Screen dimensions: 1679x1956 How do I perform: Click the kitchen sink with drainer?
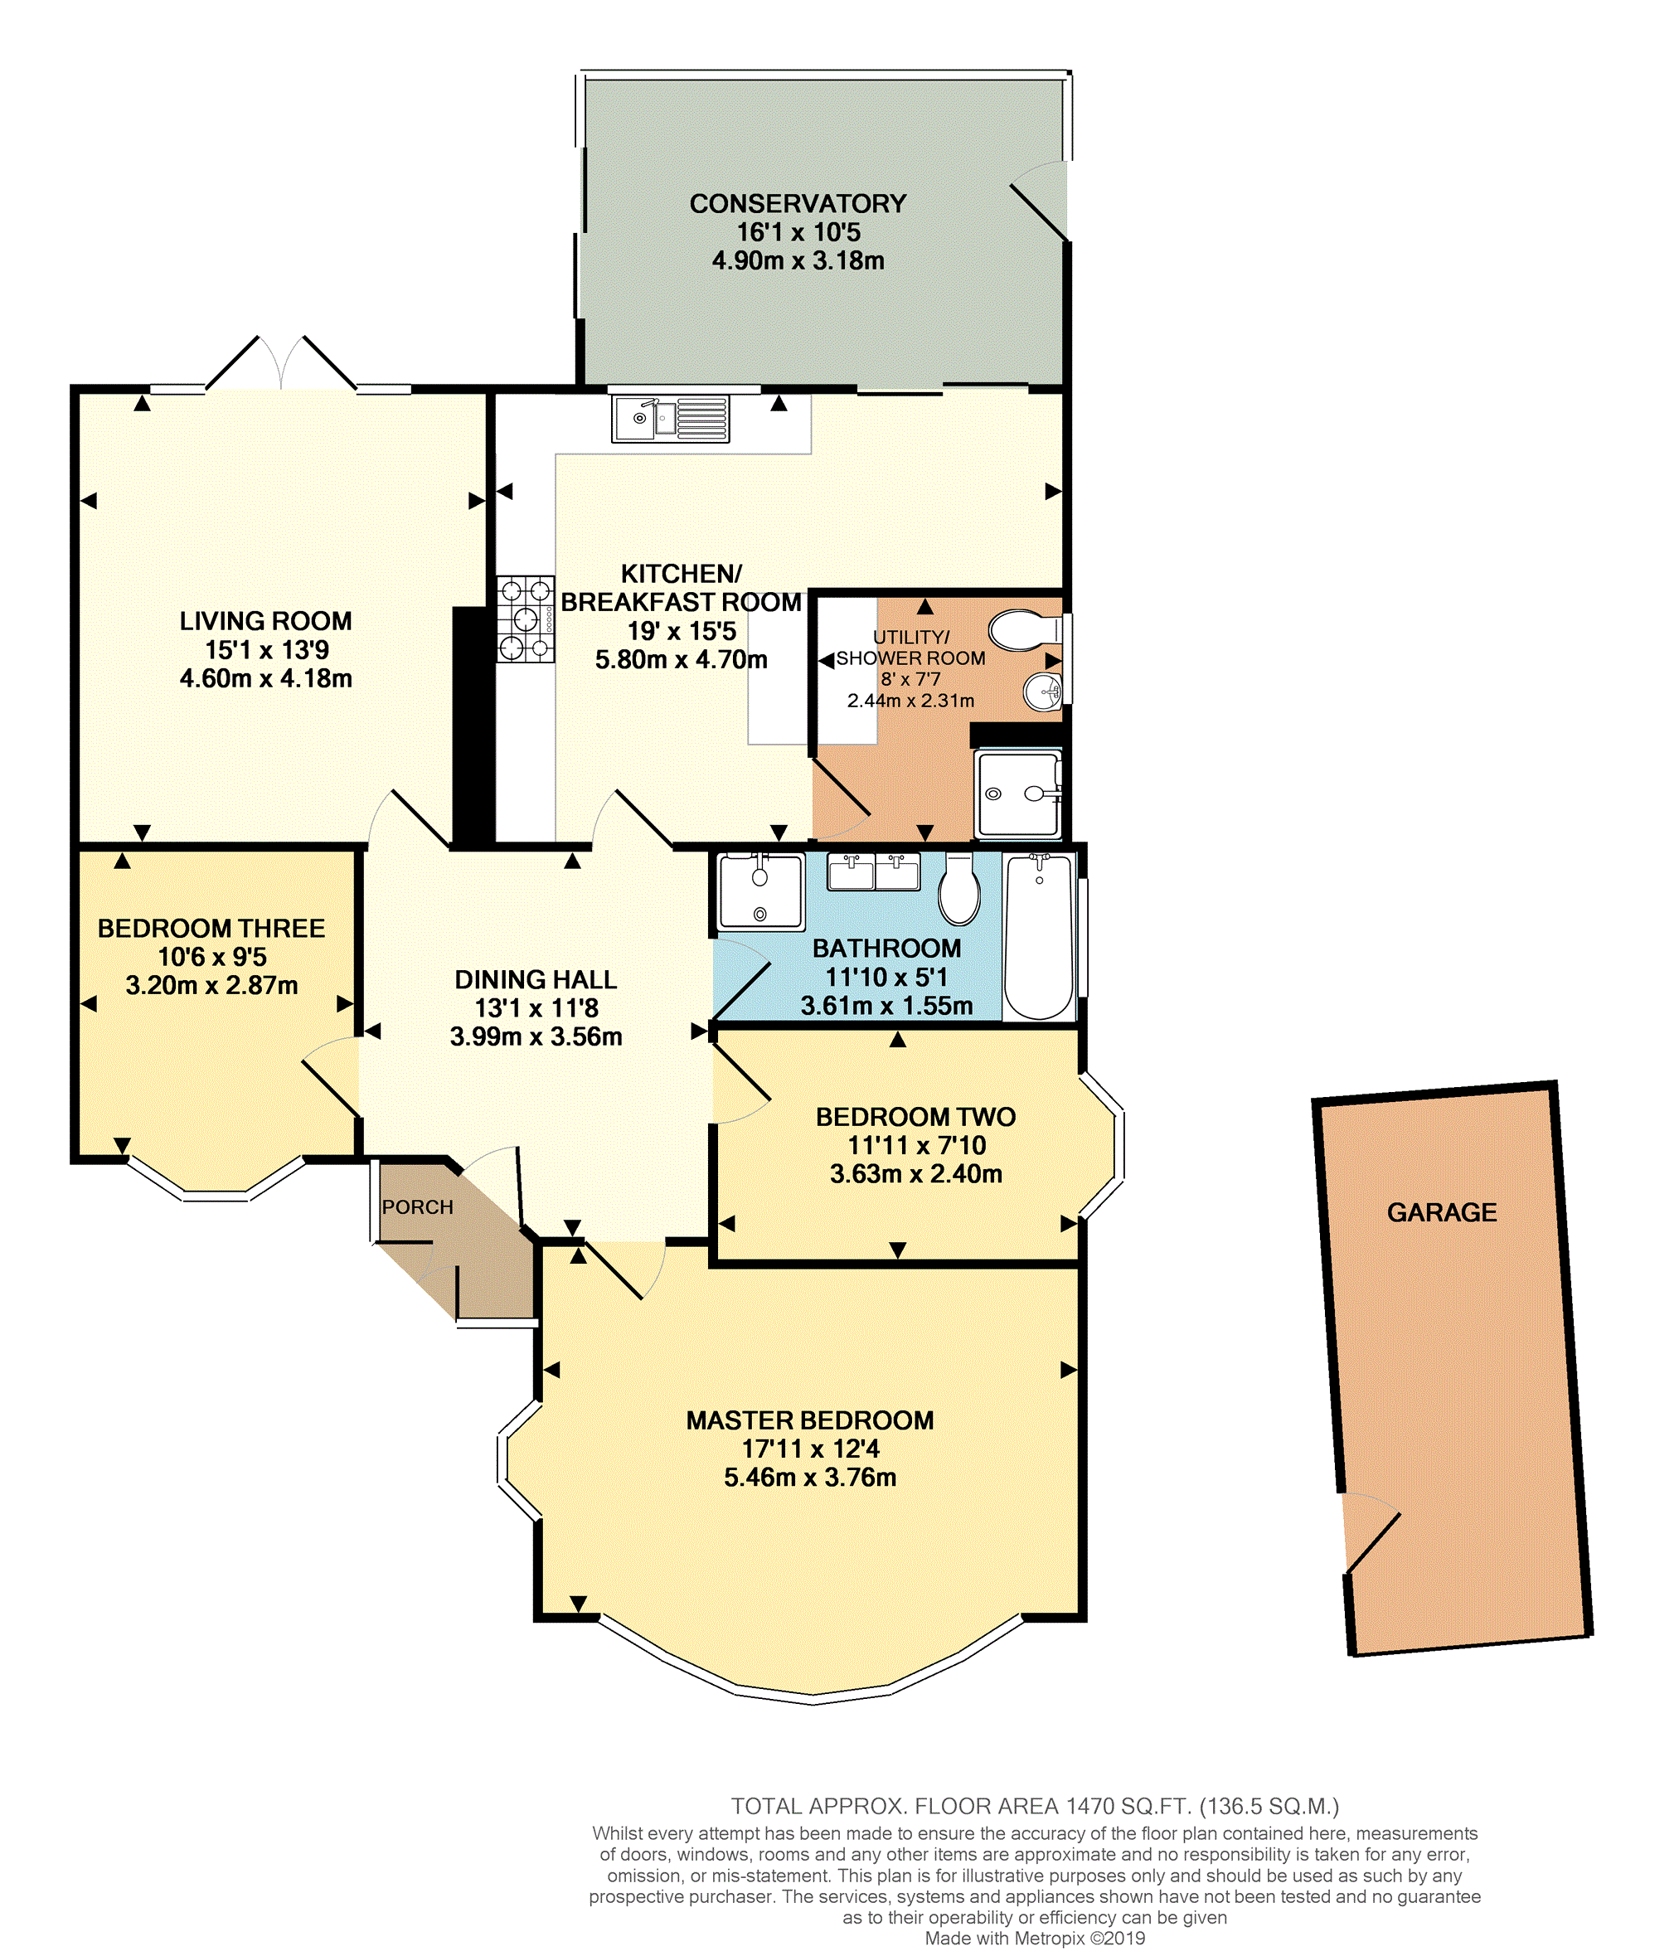[x=671, y=420]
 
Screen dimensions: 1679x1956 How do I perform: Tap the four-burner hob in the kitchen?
[x=526, y=619]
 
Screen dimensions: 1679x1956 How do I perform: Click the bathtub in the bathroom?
[x=1039, y=936]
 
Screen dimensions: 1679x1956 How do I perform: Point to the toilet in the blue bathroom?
[x=958, y=888]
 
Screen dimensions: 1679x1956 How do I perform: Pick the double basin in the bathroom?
[x=873, y=871]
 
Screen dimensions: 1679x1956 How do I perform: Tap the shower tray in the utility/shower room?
[x=1018, y=793]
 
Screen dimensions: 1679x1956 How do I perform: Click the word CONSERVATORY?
[x=798, y=204]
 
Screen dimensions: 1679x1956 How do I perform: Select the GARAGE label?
[x=1441, y=1212]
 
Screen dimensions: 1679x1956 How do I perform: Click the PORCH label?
[x=417, y=1206]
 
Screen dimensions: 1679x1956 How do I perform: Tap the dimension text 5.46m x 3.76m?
[x=810, y=1478]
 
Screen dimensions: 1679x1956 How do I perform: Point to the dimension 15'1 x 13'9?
[x=267, y=649]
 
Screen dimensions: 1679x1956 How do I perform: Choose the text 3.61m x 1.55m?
[x=886, y=1006]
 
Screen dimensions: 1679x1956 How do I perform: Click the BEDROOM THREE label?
[x=211, y=928]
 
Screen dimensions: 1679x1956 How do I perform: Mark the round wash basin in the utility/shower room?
[x=1044, y=692]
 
